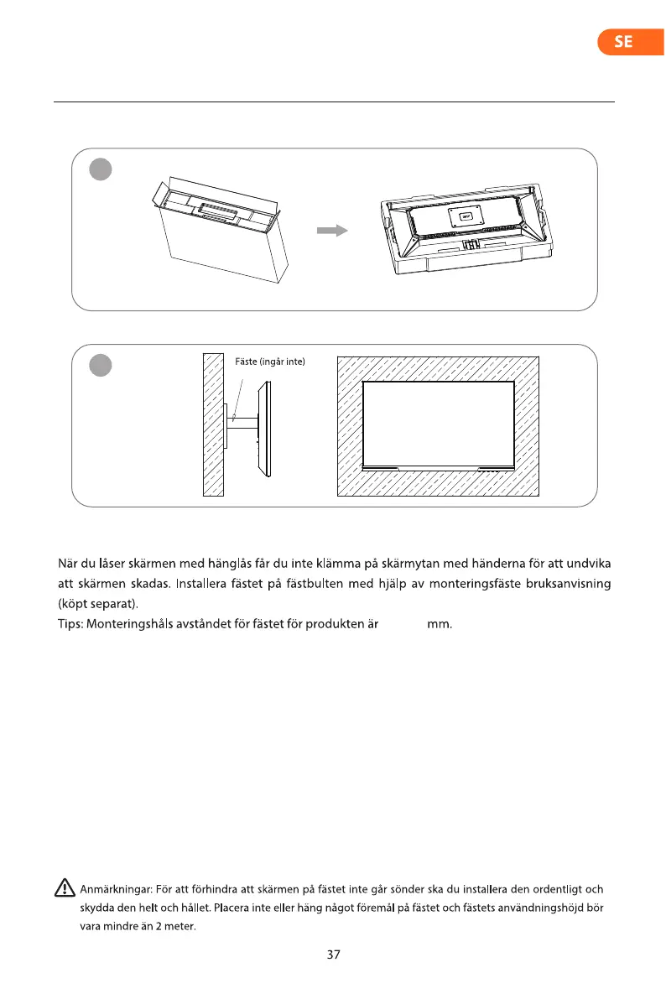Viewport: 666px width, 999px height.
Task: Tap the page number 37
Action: click(x=334, y=955)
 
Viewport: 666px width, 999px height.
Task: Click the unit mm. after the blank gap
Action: click(x=440, y=622)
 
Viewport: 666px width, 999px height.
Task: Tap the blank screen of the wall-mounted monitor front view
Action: click(x=439, y=424)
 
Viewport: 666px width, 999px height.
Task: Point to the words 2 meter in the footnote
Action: click(x=175, y=926)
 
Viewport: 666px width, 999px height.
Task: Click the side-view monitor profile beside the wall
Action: click(x=265, y=430)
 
